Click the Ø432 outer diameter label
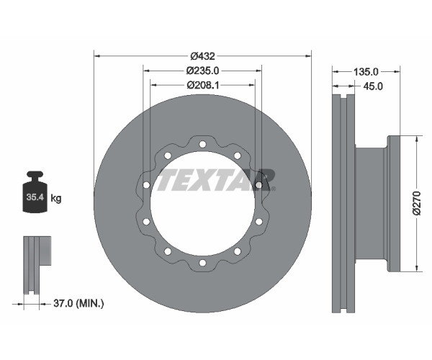click(202, 56)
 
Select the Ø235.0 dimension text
click(202, 71)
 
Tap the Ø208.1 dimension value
click(203, 85)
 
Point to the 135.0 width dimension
click(366, 72)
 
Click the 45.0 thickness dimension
click(373, 86)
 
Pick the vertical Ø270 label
click(417, 203)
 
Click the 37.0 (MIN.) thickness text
click(78, 304)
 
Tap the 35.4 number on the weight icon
click(35, 197)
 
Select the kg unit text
click(56, 198)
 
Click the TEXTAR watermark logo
click(216, 180)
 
